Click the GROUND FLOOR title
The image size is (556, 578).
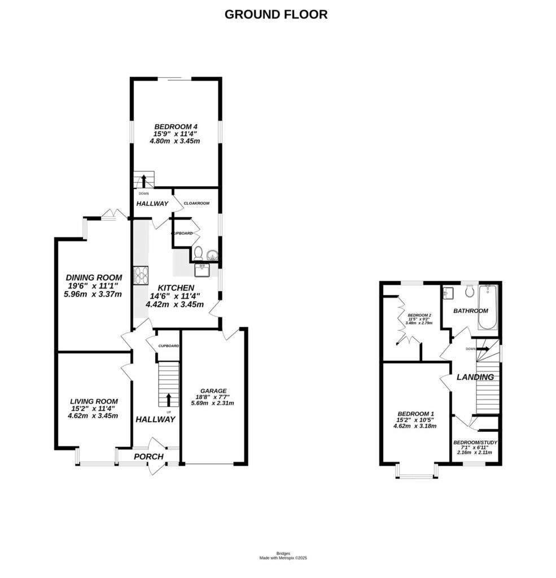pos(276,15)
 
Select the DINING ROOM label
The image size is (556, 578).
pos(94,277)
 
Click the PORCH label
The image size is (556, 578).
pos(148,457)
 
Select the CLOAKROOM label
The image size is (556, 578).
pos(197,203)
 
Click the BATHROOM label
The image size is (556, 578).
pos(471,311)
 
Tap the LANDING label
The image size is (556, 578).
pos(475,377)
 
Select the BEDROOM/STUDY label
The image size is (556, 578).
pos(475,443)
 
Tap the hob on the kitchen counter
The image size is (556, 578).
pos(140,275)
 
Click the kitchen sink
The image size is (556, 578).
pos(202,271)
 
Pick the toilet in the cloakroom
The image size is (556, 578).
pos(199,255)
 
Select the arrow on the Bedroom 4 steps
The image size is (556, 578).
pos(143,181)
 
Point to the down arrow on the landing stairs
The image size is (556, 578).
pos(484,349)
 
